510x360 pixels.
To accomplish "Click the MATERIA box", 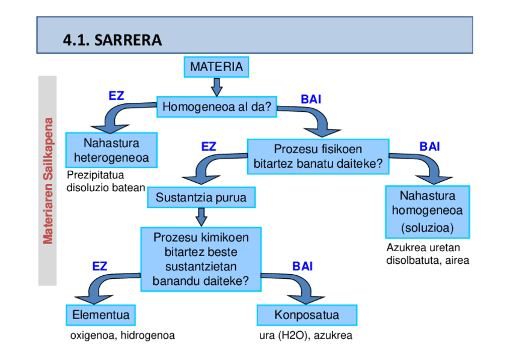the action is coord(217,67).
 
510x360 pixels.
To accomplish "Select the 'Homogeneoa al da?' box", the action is coord(217,106).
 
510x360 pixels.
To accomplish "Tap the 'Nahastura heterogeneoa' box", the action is coord(111,150).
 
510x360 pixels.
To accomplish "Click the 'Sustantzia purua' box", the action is coord(201,197).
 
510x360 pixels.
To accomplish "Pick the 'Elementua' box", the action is coord(101,315).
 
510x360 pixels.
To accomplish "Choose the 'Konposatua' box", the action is coord(307,315).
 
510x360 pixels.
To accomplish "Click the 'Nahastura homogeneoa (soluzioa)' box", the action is coord(428,212).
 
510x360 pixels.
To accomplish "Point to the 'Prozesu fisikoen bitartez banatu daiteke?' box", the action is coord(318,157).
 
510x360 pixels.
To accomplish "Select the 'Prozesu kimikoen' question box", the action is coord(201,259).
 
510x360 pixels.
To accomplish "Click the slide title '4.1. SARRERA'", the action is coord(112,40).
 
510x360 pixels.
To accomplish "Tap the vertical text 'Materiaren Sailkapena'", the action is coord(48,181).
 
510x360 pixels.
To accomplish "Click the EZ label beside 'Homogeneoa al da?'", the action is coord(117,96).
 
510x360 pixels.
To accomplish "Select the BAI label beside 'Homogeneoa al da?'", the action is coord(311,99).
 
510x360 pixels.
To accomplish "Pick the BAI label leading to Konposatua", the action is coord(303,266).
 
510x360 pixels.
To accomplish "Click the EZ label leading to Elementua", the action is coord(99,266).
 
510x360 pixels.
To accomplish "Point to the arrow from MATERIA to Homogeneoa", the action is coord(217,87).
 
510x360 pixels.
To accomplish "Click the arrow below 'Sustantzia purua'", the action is coord(201,217).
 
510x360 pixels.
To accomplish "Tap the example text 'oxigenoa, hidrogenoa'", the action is coord(123,335).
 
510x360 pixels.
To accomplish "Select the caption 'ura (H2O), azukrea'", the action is coord(306,335).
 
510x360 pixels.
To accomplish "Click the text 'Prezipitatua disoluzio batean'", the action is coord(106,182).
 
